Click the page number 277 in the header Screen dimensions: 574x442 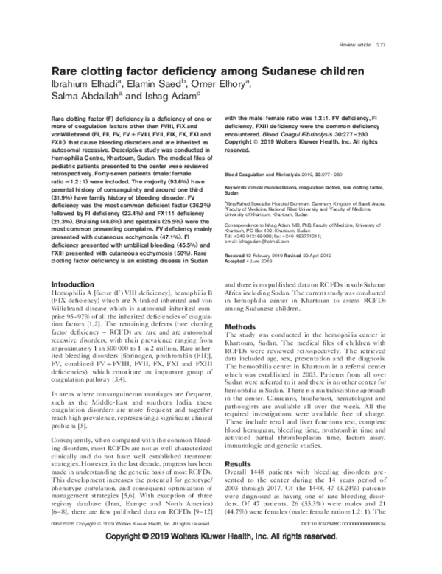coord(382,46)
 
